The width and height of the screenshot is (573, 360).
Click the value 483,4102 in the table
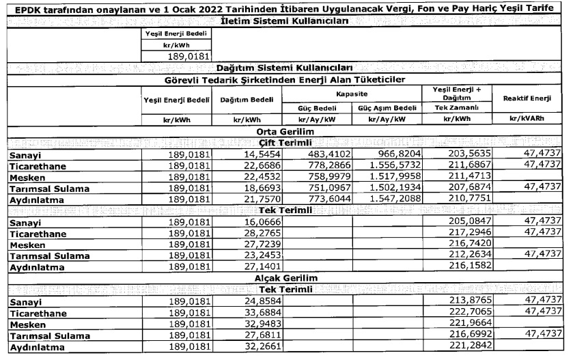click(x=322, y=155)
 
